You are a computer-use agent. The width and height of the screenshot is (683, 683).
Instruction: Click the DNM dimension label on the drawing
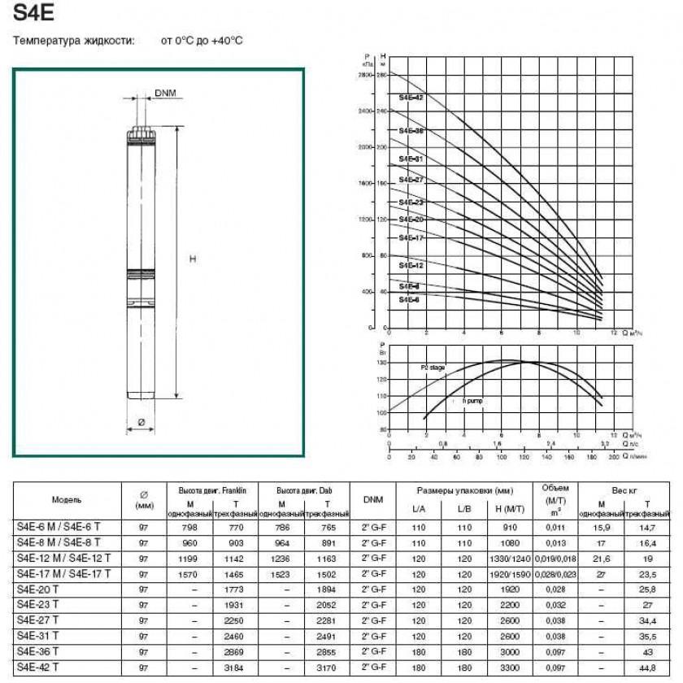[x=165, y=94]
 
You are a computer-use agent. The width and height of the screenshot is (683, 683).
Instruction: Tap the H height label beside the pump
[x=193, y=259]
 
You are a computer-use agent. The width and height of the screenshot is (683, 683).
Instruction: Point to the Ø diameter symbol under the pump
[x=141, y=422]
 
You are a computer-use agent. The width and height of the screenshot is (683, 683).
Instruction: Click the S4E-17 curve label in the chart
[x=411, y=237]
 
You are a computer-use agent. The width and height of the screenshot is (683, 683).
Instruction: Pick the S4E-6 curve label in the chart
[x=409, y=300]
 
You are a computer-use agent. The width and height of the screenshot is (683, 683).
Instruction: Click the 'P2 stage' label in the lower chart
[x=433, y=368]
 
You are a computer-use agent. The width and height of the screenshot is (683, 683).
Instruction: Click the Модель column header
[x=67, y=499]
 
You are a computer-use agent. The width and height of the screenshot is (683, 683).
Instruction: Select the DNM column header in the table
[x=374, y=499]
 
